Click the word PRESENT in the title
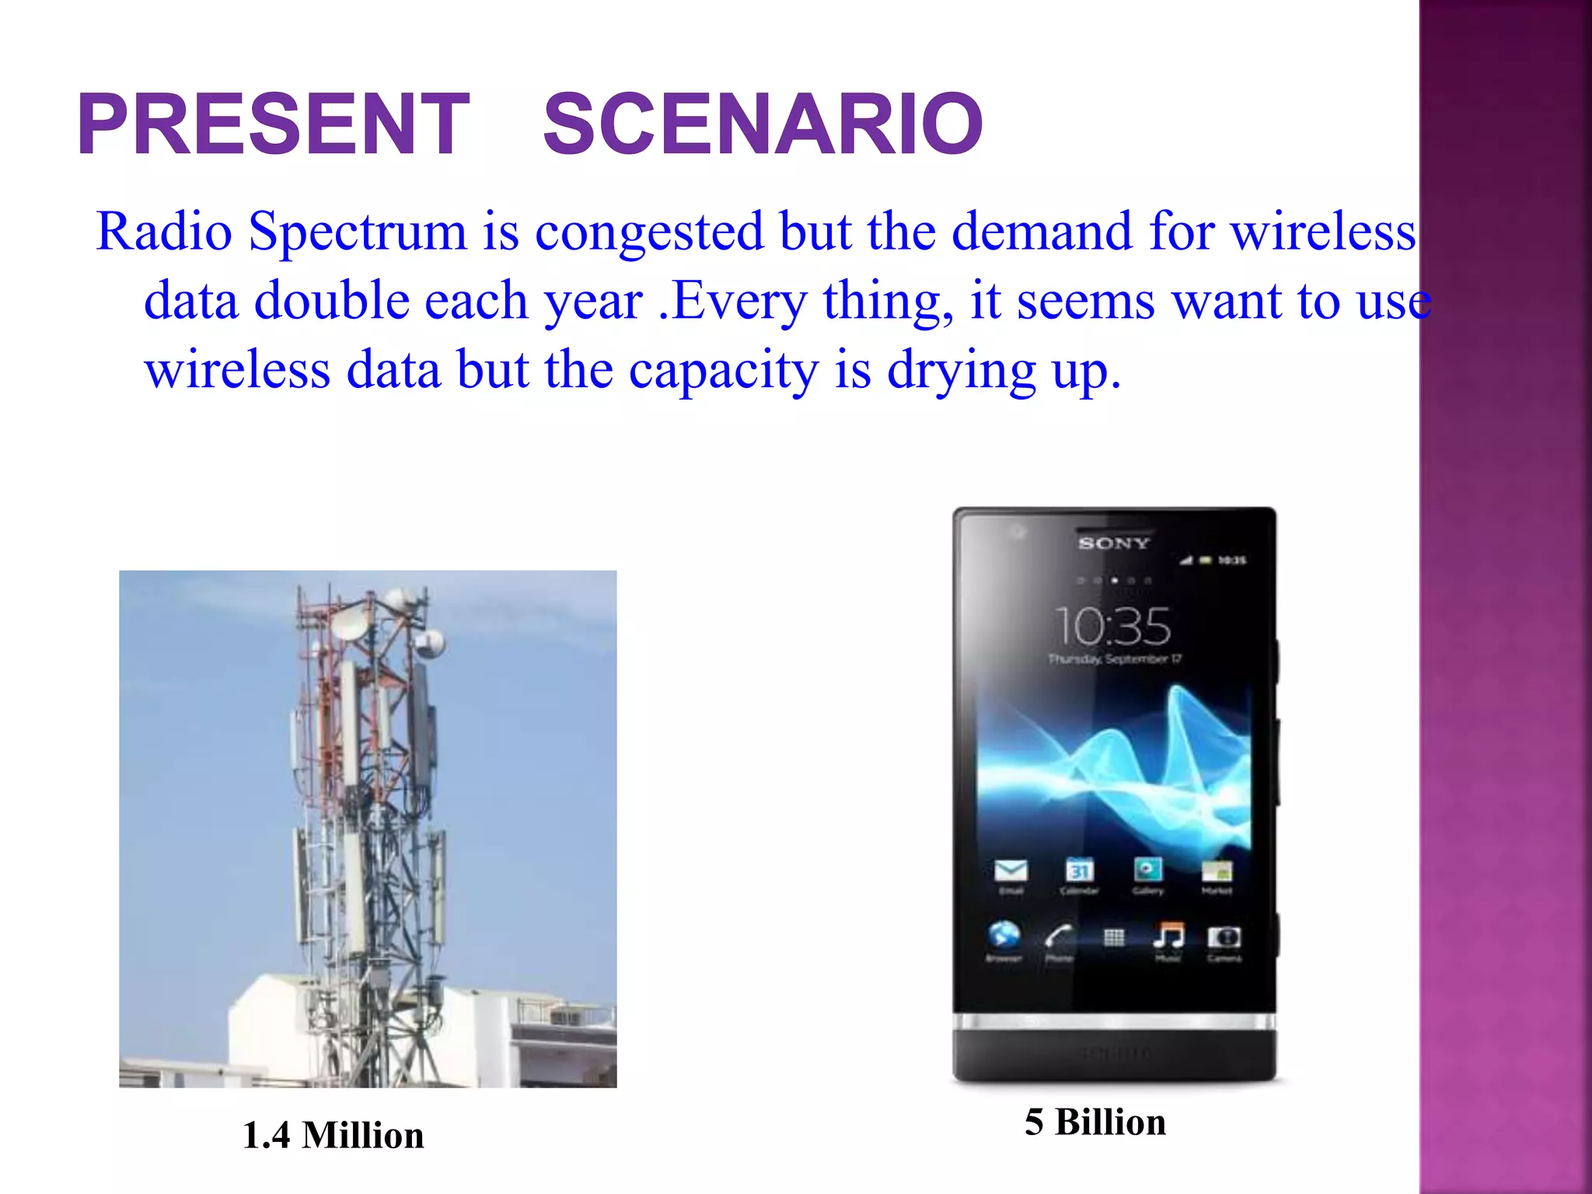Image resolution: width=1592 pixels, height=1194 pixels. pyautogui.click(x=274, y=124)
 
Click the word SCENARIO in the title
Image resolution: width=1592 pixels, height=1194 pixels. pyautogui.click(x=763, y=124)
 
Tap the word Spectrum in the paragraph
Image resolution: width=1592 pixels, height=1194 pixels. pyautogui.click(x=357, y=232)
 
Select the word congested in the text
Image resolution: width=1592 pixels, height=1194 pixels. pyautogui.click(x=649, y=232)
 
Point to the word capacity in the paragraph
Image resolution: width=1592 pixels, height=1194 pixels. pyautogui.click(x=723, y=370)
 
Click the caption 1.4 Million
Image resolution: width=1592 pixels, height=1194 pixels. pyautogui.click(x=333, y=1135)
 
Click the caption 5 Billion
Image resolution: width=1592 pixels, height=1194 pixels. pyautogui.click(x=1094, y=1122)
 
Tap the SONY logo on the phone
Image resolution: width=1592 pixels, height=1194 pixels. pyautogui.click(x=1113, y=543)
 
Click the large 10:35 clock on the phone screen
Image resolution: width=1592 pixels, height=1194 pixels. pyautogui.click(x=1112, y=626)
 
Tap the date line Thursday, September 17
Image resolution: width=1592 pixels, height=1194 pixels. pyautogui.click(x=1114, y=659)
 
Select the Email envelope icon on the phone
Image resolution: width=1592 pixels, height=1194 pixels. pyautogui.click(x=1011, y=871)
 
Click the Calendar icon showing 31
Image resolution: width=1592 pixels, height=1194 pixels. pyautogui.click(x=1080, y=871)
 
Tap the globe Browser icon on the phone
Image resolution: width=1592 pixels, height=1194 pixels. pyautogui.click(x=1004, y=935)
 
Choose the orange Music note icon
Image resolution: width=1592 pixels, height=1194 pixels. pyautogui.click(x=1168, y=935)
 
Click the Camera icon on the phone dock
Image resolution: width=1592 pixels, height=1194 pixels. pyautogui.click(x=1224, y=937)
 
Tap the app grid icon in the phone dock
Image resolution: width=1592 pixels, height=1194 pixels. pyautogui.click(x=1114, y=937)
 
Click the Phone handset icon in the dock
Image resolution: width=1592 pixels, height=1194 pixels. pyautogui.click(x=1058, y=936)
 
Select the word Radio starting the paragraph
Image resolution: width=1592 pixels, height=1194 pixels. pyautogui.click(x=164, y=232)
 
